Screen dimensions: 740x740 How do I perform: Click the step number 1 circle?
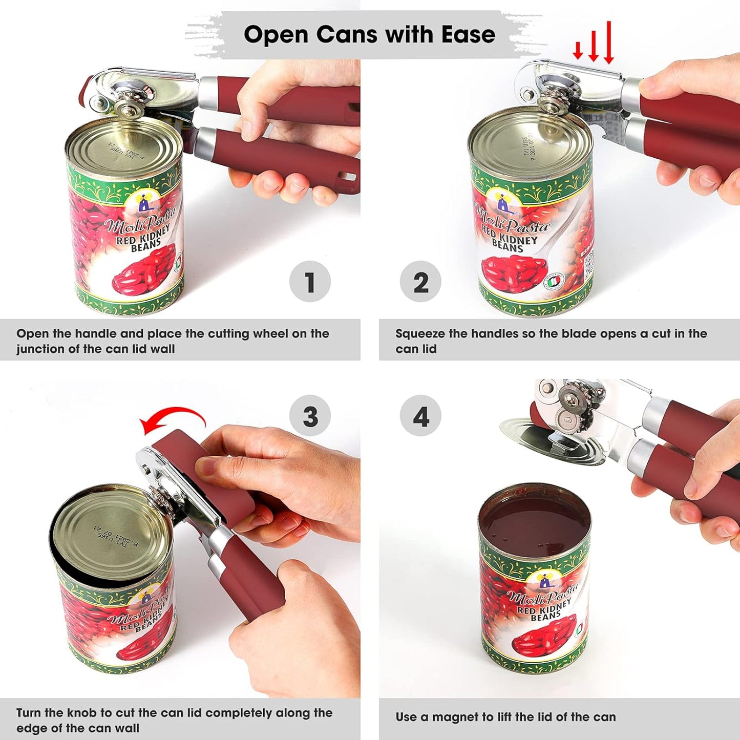pyautogui.click(x=310, y=282)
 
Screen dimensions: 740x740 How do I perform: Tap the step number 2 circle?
pyautogui.click(x=420, y=282)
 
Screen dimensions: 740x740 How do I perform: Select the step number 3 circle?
pyautogui.click(x=310, y=416)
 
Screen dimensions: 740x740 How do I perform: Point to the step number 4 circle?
pyautogui.click(x=420, y=416)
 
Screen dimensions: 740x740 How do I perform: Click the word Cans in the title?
pyautogui.click(x=348, y=35)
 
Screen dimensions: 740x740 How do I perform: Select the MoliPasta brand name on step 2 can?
pyautogui.click(x=512, y=221)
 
